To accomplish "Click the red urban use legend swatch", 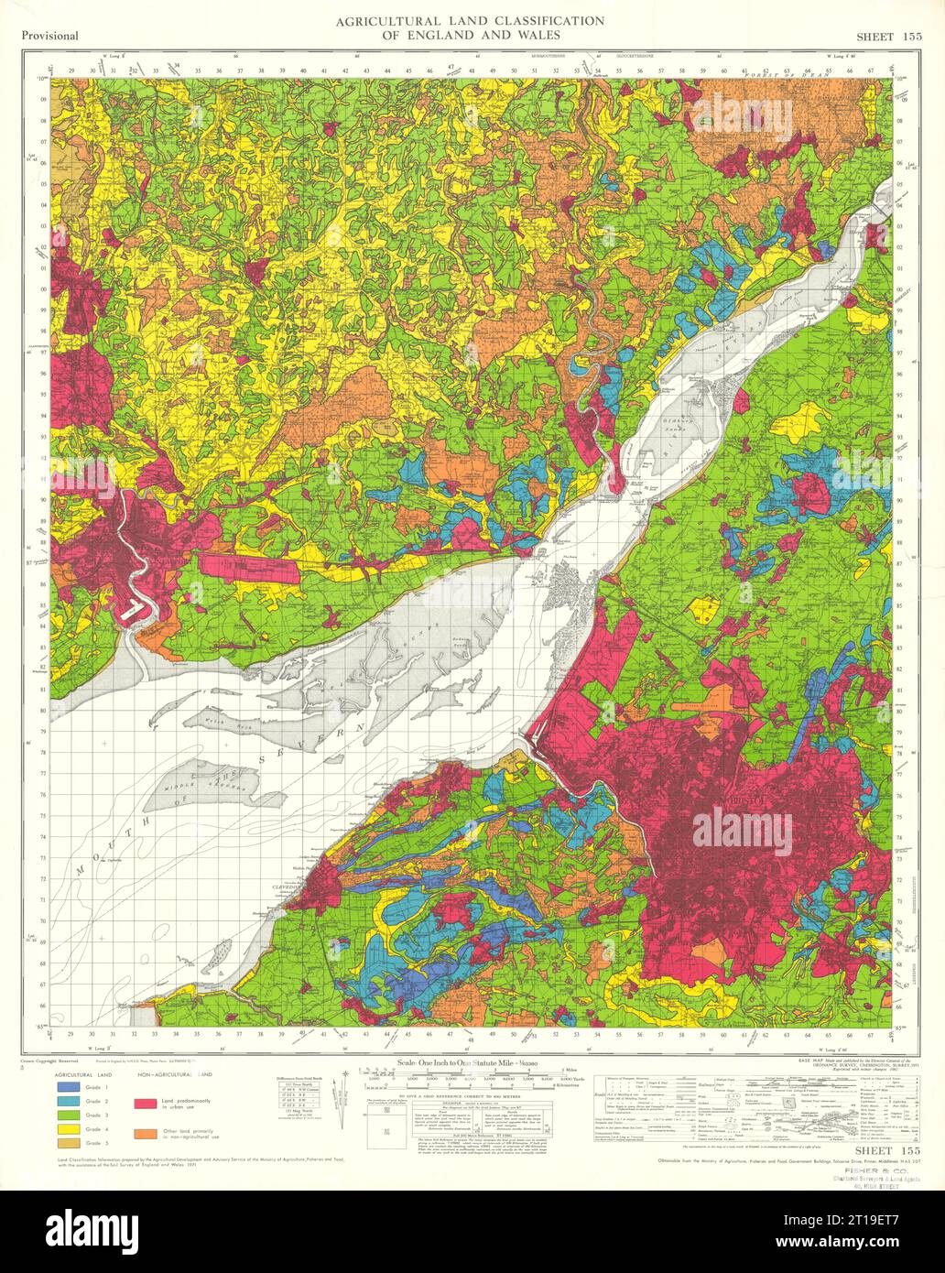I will click(x=147, y=1104).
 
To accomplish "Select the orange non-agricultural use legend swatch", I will click(x=147, y=1132).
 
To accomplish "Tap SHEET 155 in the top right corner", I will click(x=887, y=36).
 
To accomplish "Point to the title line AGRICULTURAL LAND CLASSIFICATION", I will click(x=469, y=21).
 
